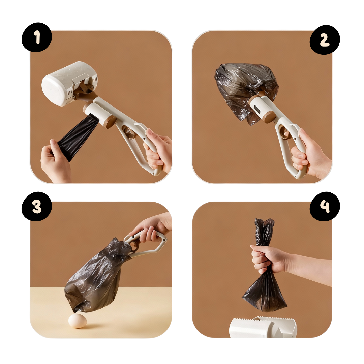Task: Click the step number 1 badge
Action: click(x=37, y=37)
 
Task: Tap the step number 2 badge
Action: click(x=325, y=40)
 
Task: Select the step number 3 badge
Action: click(x=37, y=206)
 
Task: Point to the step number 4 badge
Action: click(x=325, y=206)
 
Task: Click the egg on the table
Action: click(x=78, y=321)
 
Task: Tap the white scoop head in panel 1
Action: click(x=69, y=84)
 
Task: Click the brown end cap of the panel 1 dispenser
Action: click(x=110, y=122)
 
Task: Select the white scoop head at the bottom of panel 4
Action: click(x=263, y=327)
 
